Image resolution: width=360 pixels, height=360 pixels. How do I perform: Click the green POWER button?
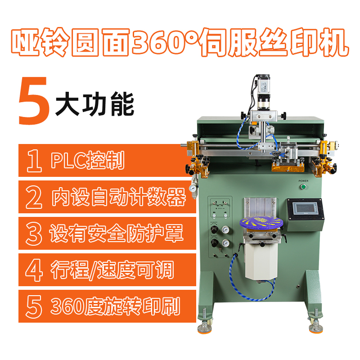pyautogui.click(x=303, y=187)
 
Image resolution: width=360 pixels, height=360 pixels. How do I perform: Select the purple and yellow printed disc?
pyautogui.click(x=261, y=222)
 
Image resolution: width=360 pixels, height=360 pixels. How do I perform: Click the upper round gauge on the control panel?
pyautogui.click(x=225, y=229)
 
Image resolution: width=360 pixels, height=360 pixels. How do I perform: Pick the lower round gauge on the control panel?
pyautogui.click(x=225, y=243)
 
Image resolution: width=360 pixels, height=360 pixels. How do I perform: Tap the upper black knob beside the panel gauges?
pyautogui.click(x=214, y=229)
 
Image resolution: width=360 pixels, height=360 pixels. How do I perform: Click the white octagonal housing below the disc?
pyautogui.click(x=261, y=261)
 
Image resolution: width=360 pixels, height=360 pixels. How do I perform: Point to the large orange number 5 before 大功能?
pyautogui.click(x=34, y=101)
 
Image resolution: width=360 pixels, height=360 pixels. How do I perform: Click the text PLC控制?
pyautogui.click(x=88, y=160)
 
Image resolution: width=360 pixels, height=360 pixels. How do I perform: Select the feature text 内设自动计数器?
pyautogui.click(x=118, y=197)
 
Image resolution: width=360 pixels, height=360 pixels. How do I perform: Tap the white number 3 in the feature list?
pyautogui.click(x=34, y=234)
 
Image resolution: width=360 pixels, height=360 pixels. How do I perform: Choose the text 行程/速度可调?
pyautogui.click(x=112, y=270)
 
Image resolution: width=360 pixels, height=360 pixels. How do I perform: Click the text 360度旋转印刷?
pyautogui.click(x=115, y=306)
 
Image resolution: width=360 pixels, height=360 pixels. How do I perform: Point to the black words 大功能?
pyautogui.click(x=94, y=104)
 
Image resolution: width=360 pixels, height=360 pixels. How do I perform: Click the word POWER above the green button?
pyautogui.click(x=303, y=181)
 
